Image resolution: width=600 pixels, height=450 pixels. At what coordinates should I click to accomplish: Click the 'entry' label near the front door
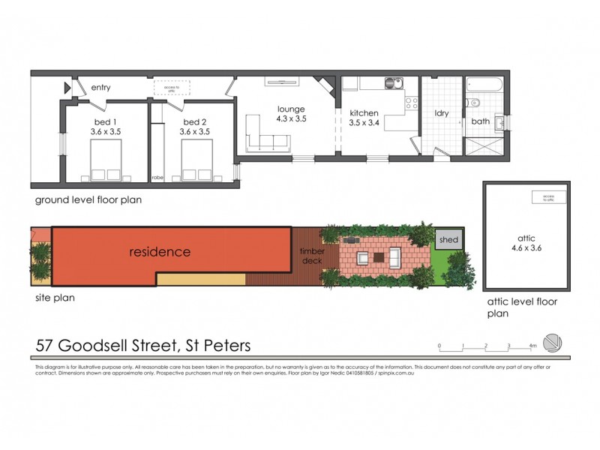[x=101, y=88]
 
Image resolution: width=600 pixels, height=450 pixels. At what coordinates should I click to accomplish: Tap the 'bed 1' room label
[x=105, y=121]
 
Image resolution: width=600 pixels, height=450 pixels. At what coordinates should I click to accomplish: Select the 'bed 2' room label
[x=194, y=121]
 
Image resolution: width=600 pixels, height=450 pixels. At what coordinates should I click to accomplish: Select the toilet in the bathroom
[x=473, y=103]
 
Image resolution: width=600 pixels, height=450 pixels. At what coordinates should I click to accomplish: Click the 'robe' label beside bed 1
[x=157, y=178]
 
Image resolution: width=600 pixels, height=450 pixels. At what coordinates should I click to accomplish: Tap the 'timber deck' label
[x=311, y=256]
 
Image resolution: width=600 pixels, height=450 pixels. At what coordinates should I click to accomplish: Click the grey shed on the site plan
[x=449, y=241]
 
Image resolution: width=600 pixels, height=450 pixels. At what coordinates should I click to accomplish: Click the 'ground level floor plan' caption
[x=88, y=200]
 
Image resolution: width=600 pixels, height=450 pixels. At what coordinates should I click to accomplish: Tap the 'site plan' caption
[x=54, y=297]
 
